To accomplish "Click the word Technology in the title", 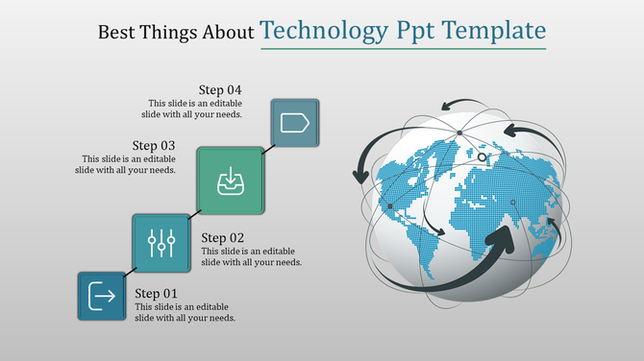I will pos(323,31).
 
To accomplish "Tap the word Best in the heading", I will pos(117,33).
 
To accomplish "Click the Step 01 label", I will pos(157,293).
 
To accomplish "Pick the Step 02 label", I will pos(223,237).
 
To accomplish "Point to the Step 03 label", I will pos(153,146).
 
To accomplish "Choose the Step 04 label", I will pos(219,89).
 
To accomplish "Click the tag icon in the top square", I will pos(294,123).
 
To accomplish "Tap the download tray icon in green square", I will pos(231,180).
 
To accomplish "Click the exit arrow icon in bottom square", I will pos(102,296).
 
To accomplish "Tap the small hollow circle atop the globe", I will pos(483,156).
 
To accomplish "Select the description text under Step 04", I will pos(194,108).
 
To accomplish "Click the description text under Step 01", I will pos(185,312).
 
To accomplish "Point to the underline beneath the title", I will pos(403,48).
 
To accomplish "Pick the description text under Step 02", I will pos(251,256).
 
